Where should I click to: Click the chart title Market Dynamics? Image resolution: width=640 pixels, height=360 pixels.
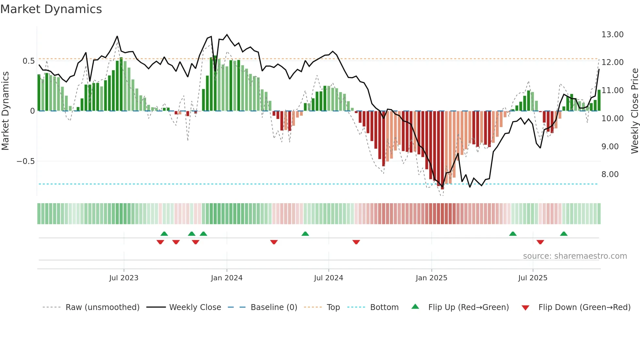point(51,9)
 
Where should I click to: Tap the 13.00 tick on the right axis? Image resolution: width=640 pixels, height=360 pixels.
point(612,35)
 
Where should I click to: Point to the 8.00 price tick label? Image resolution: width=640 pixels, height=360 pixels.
point(610,174)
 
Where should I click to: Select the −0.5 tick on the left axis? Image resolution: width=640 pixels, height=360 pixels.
point(25,161)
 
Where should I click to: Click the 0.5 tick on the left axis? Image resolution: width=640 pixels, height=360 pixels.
point(28,61)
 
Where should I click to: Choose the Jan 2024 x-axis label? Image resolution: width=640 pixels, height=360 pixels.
point(227,278)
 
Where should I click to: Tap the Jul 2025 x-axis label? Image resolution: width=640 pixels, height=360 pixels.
point(533,278)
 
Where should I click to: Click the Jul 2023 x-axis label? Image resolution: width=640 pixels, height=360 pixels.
point(124,278)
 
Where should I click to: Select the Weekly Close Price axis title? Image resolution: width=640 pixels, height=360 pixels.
point(634,111)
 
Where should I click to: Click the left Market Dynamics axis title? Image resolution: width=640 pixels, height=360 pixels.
point(5,111)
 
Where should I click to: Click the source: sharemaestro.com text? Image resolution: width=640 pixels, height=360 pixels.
point(575,256)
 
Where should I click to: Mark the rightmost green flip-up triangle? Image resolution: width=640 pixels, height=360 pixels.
point(564,234)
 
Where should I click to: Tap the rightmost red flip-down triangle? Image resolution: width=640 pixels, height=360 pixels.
point(540,242)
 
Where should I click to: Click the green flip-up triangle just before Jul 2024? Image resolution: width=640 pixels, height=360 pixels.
point(305,234)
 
